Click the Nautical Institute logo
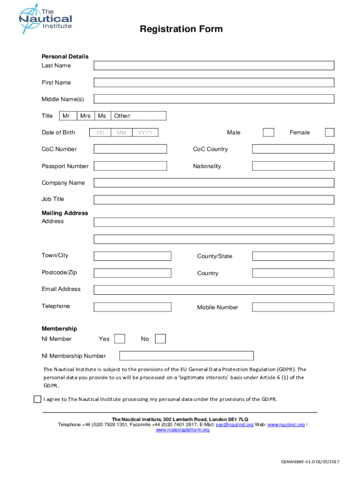click(45, 21)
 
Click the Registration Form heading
click(181, 29)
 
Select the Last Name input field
click(214, 65)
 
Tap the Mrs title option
click(85, 116)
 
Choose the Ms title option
click(102, 116)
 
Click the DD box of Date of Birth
click(100, 133)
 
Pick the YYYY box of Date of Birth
click(145, 133)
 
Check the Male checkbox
click(268, 132)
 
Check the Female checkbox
click(330, 132)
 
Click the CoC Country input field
click(293, 149)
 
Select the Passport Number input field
click(130, 166)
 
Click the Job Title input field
click(214, 200)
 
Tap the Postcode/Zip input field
click(132, 273)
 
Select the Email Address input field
click(214, 290)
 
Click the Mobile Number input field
click(293, 307)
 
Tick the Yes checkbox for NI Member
click(120, 339)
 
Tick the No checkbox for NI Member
click(160, 339)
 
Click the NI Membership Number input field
click(186, 356)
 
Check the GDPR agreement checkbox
click(37, 399)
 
